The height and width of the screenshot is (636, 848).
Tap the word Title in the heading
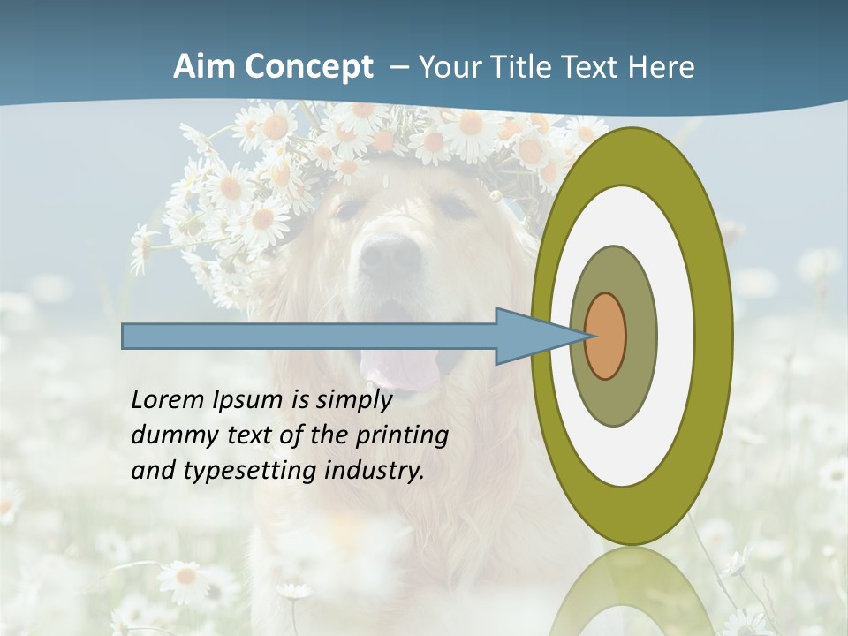(524, 67)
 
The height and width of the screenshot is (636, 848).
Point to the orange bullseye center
(605, 336)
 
